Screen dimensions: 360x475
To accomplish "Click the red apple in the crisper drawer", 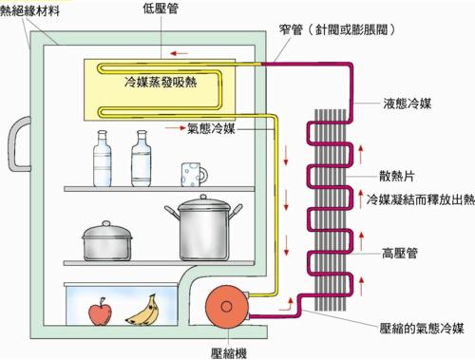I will (x=98, y=311).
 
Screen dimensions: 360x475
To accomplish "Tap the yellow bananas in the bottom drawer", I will (x=142, y=309).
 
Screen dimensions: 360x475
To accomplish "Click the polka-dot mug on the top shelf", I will (x=194, y=173).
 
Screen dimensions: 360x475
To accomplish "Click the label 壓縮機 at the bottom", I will (x=229, y=351).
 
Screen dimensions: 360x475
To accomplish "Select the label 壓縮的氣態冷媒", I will (x=421, y=328).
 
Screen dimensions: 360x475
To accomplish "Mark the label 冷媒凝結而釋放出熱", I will (x=419, y=200).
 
